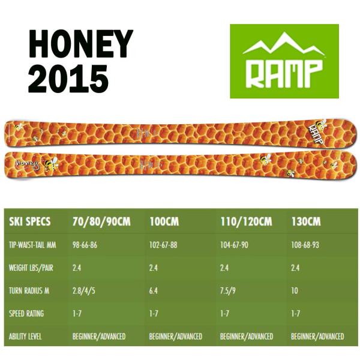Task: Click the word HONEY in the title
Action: point(80,46)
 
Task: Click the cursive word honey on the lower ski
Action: point(28,162)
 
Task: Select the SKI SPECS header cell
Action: point(30,221)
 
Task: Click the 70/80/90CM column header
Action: point(101,221)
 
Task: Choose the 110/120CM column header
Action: point(246,221)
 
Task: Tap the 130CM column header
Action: point(305,221)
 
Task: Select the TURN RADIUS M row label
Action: point(31,290)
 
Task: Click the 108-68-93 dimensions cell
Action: point(304,245)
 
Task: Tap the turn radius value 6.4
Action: point(153,290)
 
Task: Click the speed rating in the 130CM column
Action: point(295,313)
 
